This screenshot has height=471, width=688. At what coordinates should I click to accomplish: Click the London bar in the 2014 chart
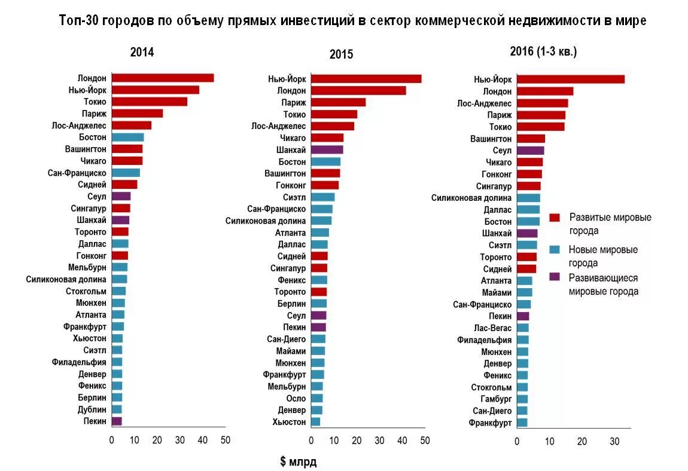162,78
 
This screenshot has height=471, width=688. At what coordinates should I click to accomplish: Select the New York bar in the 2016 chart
570,79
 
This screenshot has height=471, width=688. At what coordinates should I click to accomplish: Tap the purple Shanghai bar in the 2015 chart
327,149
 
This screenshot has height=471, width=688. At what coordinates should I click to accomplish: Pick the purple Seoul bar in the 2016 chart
530,151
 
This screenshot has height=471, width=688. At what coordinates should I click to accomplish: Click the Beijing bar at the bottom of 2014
117,421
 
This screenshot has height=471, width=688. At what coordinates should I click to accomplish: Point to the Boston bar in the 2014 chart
127,137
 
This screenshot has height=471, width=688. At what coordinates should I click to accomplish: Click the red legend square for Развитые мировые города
555,218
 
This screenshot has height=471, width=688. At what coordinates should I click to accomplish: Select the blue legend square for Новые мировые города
555,250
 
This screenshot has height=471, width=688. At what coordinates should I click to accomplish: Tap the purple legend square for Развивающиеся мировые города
555,277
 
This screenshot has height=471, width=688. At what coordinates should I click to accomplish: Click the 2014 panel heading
142,52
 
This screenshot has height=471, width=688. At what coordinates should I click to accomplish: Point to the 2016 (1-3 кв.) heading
543,51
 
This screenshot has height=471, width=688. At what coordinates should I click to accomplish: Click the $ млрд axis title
298,461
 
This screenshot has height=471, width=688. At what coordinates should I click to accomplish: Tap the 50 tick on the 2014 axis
225,441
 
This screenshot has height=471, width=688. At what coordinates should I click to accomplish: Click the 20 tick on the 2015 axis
357,441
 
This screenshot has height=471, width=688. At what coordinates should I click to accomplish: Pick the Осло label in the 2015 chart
296,398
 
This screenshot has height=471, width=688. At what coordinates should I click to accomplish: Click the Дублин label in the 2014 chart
92,409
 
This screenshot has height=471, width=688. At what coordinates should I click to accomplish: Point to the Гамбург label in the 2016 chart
496,399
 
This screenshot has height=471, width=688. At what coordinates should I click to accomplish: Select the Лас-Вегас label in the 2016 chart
493,328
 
